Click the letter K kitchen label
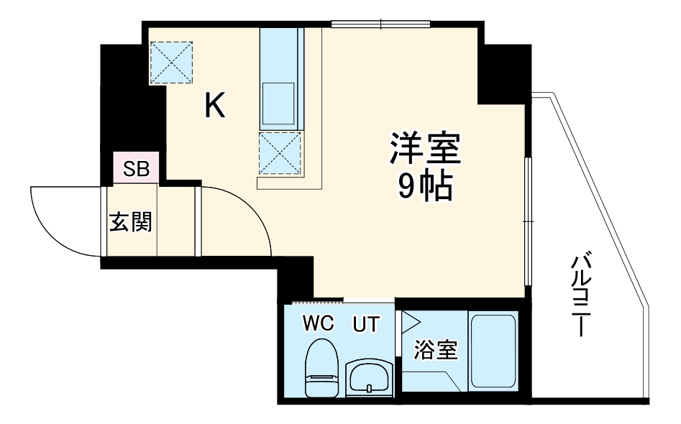(x=215, y=107)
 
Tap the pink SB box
(x=136, y=169)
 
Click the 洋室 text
(x=424, y=149)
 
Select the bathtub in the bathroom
(x=493, y=351)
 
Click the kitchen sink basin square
(x=278, y=103)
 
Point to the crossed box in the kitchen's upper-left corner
(x=172, y=62)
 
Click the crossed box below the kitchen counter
(x=279, y=153)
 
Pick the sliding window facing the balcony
(x=529, y=223)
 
